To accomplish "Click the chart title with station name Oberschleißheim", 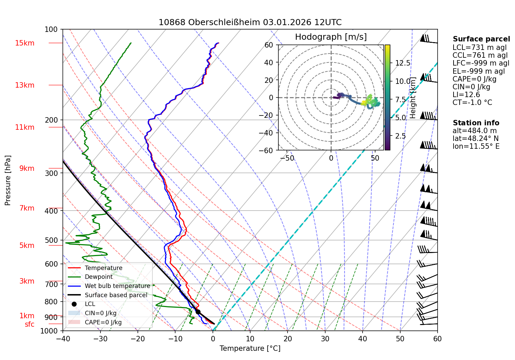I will [250, 22].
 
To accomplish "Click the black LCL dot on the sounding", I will [198, 312].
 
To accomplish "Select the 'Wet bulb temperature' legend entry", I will [117, 286].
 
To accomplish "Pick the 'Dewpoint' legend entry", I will [98, 277].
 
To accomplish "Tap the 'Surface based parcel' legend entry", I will [116, 295].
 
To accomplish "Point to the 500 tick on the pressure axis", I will [51, 240].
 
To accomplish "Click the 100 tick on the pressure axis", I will [51, 30].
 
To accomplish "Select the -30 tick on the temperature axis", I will [100, 339].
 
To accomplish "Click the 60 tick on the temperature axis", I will [437, 339].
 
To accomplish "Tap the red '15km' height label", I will [25, 43].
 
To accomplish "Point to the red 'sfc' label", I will [30, 324].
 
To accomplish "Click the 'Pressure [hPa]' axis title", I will [8, 180].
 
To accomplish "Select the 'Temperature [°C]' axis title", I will [250, 348].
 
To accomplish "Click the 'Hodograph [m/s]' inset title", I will [331, 37].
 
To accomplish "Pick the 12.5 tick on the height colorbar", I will [403, 63].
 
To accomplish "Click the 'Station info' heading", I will [476, 123].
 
